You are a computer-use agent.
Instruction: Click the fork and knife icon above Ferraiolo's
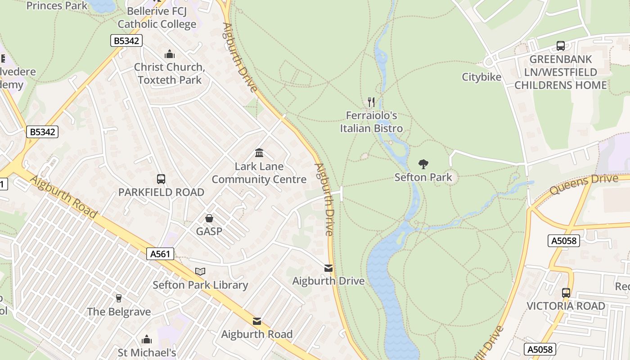click(x=371, y=102)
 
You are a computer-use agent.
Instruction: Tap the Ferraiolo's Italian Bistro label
click(x=371, y=122)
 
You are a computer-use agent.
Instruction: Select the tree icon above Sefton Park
click(x=423, y=164)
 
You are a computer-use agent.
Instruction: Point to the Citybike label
click(x=481, y=77)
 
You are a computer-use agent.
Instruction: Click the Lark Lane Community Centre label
click(x=259, y=173)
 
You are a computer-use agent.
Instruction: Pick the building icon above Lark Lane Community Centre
click(x=259, y=153)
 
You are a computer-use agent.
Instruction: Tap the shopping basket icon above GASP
click(x=209, y=218)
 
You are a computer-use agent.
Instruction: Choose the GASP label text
click(x=209, y=231)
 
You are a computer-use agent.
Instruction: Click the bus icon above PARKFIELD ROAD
click(x=161, y=179)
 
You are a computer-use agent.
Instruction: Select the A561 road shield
click(x=160, y=254)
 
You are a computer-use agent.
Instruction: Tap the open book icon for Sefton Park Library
click(x=200, y=271)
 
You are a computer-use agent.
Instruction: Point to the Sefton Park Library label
click(x=200, y=285)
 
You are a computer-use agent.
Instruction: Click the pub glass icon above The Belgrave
click(x=119, y=298)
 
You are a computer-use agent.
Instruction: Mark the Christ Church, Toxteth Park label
click(x=170, y=73)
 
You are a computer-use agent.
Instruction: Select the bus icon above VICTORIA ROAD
click(x=566, y=292)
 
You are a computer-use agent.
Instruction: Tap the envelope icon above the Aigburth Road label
click(x=257, y=321)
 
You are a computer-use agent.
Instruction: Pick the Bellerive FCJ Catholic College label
click(x=157, y=18)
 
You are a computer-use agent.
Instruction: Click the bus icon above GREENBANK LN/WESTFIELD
click(x=561, y=45)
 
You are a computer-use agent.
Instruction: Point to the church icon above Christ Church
click(x=170, y=54)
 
